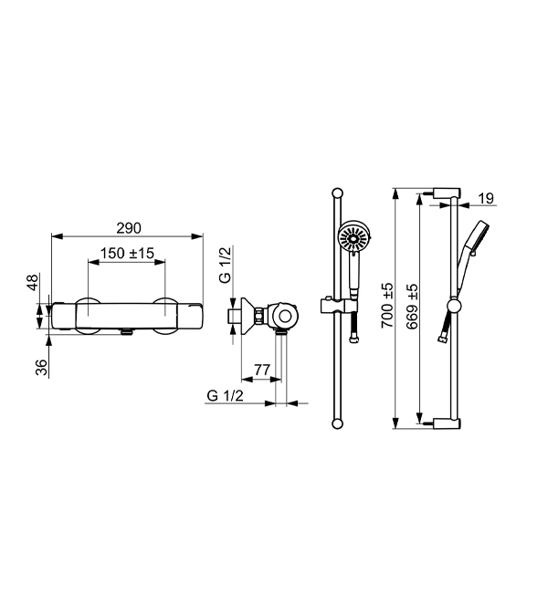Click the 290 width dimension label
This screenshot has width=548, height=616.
(x=129, y=228)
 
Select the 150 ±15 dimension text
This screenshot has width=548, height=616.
(x=127, y=254)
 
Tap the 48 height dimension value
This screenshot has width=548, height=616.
(x=33, y=283)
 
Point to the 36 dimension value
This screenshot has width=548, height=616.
(x=41, y=368)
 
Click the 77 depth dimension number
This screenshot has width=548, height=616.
(x=262, y=370)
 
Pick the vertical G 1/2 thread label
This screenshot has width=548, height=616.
(x=226, y=265)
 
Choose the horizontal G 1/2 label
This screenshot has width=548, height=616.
(x=226, y=395)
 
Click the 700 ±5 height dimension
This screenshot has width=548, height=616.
(x=387, y=305)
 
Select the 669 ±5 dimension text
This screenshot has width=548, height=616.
(x=413, y=307)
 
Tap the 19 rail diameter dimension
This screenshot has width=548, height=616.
(x=486, y=198)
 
